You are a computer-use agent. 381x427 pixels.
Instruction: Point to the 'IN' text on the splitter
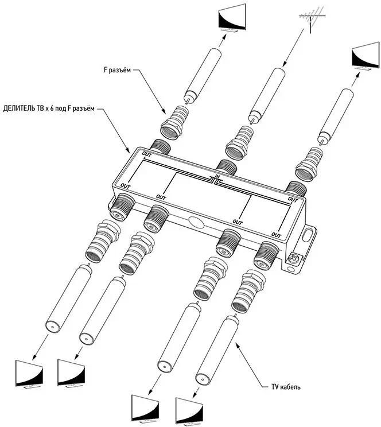(218, 176)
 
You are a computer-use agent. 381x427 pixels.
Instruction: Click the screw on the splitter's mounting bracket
(293, 259)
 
